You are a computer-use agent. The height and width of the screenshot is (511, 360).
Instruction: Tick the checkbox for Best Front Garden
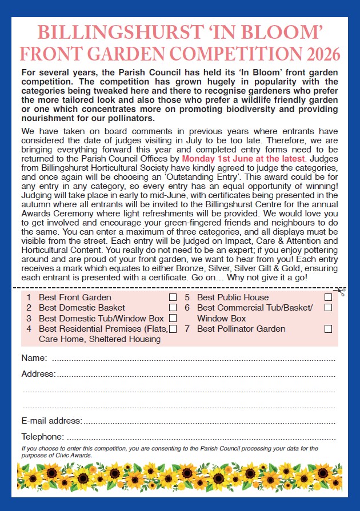click(x=173, y=297)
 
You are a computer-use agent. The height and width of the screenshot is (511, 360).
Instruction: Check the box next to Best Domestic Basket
click(x=173, y=308)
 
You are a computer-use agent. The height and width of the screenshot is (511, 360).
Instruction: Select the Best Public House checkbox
click(x=328, y=297)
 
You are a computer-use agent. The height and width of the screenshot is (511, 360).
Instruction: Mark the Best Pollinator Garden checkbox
click(x=328, y=329)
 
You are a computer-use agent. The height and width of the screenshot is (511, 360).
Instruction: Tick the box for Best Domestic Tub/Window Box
click(x=173, y=318)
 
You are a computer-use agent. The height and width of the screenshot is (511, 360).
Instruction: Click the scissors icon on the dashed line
click(x=341, y=292)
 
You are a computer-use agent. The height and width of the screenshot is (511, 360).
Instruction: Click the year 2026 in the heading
click(x=322, y=54)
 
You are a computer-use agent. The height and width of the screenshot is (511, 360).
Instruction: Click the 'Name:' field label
click(x=34, y=358)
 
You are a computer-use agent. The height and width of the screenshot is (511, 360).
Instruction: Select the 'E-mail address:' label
click(x=51, y=421)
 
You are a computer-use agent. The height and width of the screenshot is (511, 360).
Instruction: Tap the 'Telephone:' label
click(x=43, y=437)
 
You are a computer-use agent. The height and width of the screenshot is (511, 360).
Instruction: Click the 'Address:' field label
click(x=38, y=374)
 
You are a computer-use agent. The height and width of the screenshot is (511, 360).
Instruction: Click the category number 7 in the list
click(x=187, y=329)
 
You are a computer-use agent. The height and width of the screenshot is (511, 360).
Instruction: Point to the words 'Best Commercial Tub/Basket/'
click(x=255, y=308)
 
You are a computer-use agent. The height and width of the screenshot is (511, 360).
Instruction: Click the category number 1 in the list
click(x=29, y=297)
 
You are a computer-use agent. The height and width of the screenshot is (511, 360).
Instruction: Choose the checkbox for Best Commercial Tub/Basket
click(x=328, y=308)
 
